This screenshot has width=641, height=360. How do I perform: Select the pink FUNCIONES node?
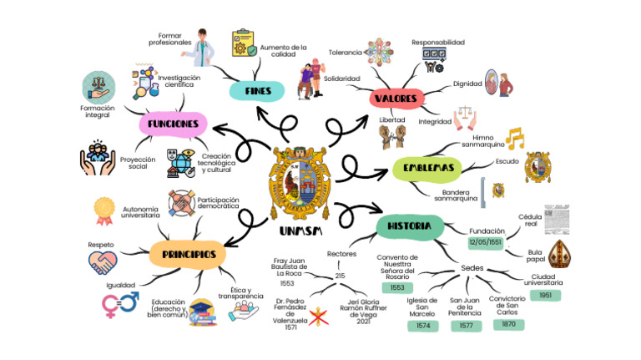[172, 124]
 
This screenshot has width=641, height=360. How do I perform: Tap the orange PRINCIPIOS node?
[189, 253]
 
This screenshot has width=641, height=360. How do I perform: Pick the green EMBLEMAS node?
[427, 169]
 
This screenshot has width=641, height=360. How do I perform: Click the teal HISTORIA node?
[409, 226]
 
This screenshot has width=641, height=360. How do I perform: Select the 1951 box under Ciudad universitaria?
[545, 295]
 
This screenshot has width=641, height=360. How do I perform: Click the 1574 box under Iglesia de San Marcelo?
[422, 326]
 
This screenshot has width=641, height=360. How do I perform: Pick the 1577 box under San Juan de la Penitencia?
[466, 326]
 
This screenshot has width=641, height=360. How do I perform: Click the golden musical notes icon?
[514, 138]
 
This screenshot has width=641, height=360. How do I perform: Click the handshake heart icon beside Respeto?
[103, 262]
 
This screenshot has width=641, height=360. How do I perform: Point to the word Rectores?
[342, 253]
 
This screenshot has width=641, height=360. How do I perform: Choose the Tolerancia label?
[346, 52]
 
